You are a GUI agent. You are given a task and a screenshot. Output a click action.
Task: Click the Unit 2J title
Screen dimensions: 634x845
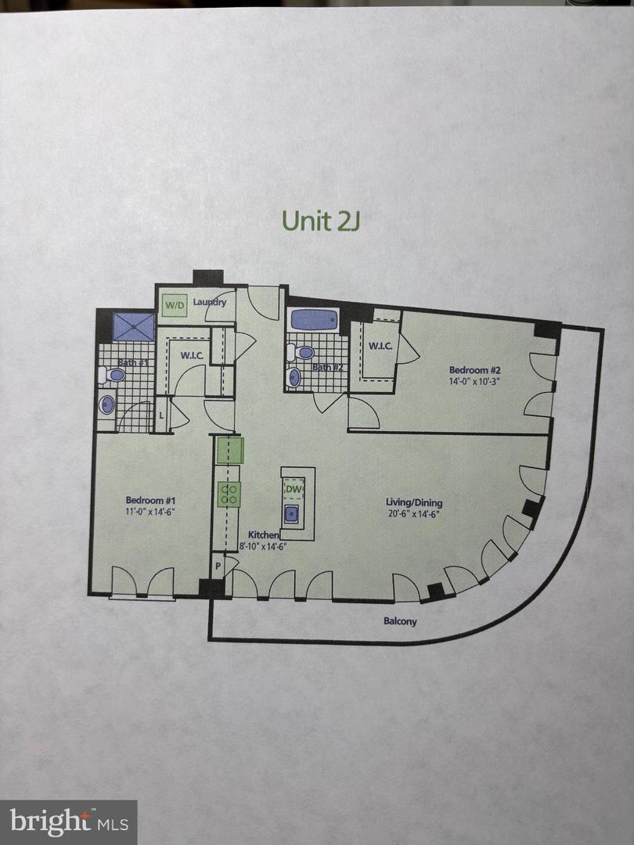click(321, 221)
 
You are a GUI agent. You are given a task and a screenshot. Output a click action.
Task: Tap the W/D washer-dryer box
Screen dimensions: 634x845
click(175, 306)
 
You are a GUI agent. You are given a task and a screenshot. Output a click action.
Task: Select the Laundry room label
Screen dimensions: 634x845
click(210, 302)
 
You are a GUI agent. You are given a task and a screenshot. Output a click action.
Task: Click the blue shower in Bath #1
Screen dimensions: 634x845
click(134, 327)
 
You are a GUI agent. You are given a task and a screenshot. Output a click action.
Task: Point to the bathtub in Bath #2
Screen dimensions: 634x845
click(314, 320)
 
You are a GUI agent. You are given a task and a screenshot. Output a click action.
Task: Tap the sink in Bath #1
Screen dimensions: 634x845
click(107, 405)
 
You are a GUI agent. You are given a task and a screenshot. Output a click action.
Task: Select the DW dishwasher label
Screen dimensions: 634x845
click(294, 489)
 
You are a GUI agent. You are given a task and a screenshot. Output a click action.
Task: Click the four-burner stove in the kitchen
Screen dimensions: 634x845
click(229, 494)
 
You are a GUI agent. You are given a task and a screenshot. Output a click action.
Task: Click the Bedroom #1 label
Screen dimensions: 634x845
click(150, 500)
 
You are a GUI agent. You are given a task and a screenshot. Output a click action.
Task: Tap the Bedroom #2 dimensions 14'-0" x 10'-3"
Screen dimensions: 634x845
click(475, 382)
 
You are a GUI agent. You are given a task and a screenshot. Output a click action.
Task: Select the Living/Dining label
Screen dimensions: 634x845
click(414, 503)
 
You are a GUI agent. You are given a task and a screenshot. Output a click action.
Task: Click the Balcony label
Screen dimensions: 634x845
click(400, 621)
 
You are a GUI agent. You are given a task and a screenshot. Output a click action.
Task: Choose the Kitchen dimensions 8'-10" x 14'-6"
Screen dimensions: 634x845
click(262, 546)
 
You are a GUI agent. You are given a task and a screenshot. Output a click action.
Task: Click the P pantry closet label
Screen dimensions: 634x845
click(218, 566)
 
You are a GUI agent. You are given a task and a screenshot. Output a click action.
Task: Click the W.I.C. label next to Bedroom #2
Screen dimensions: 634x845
click(380, 346)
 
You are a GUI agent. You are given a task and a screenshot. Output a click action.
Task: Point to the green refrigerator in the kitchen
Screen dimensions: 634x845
click(229, 451)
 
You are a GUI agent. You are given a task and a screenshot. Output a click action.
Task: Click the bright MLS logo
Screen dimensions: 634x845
click(69, 822)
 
